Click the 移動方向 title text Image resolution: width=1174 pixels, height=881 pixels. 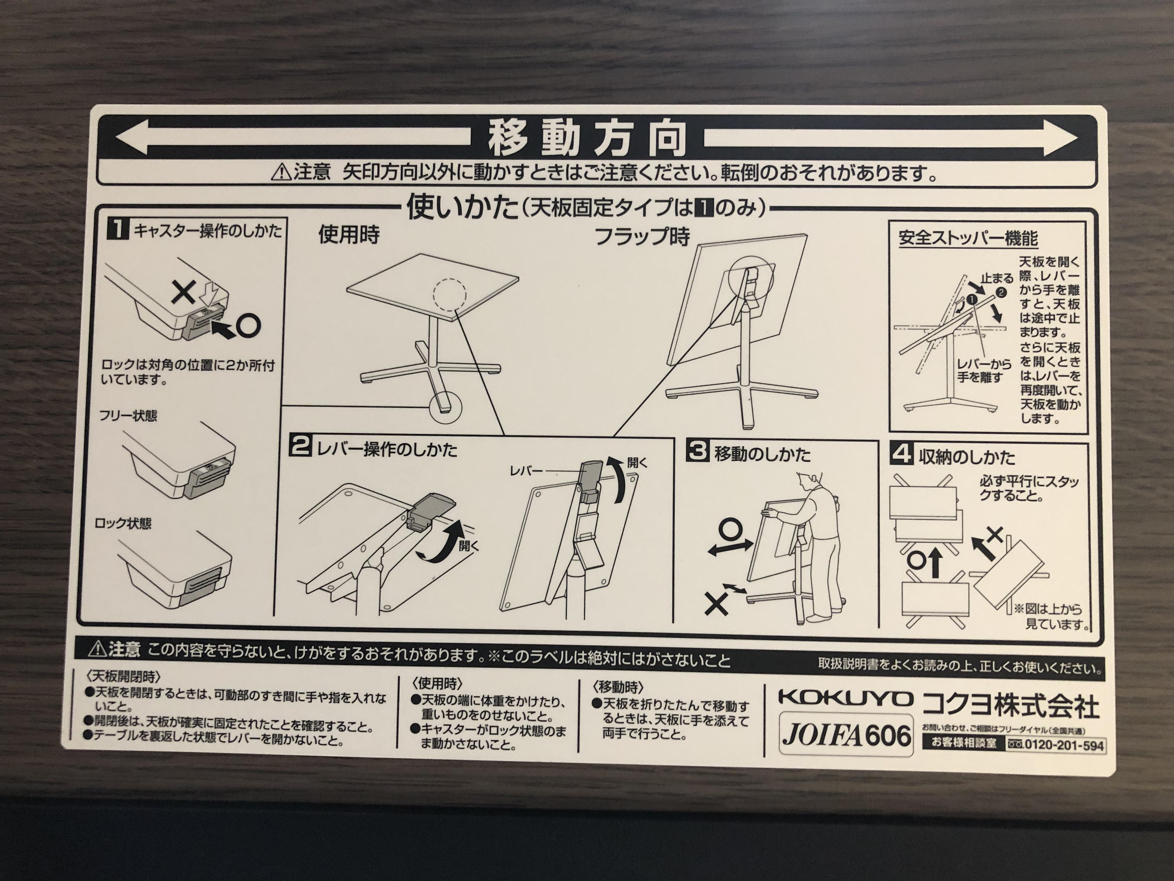(587, 139)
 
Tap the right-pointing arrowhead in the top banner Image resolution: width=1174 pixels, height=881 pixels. (1062, 139)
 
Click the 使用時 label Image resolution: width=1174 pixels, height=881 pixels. (349, 235)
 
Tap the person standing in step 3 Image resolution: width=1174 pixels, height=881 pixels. (817, 547)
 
